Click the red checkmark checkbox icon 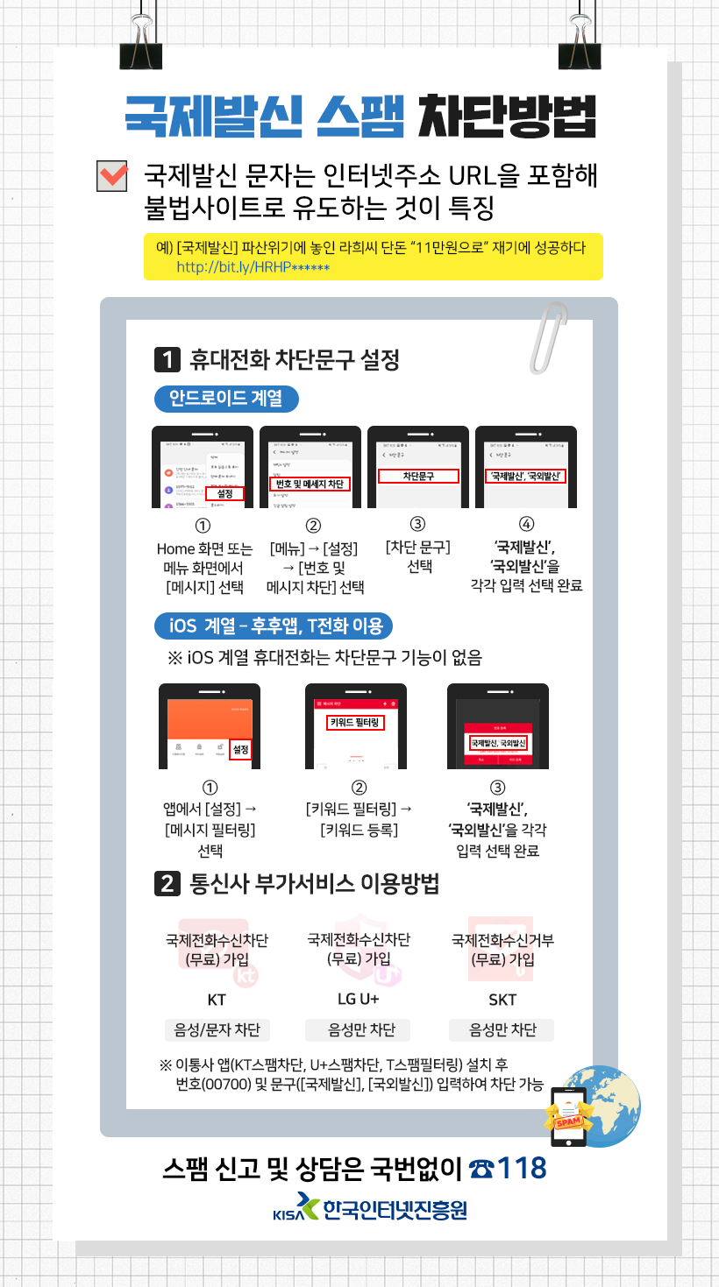[x=112, y=175]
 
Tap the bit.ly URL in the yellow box [x=253, y=265]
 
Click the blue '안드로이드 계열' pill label [x=227, y=400]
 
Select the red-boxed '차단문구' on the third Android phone [x=418, y=476]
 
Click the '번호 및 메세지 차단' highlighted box [x=309, y=484]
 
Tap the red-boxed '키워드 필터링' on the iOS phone [x=355, y=723]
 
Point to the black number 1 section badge [x=167, y=359]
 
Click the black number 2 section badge [x=167, y=885]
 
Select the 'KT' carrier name [x=217, y=1000]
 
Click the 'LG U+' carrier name [x=358, y=1000]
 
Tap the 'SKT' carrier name [x=502, y=1000]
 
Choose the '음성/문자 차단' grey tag [x=217, y=1029]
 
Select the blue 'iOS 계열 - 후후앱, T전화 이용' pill [x=274, y=626]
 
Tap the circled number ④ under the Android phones [x=526, y=525]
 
